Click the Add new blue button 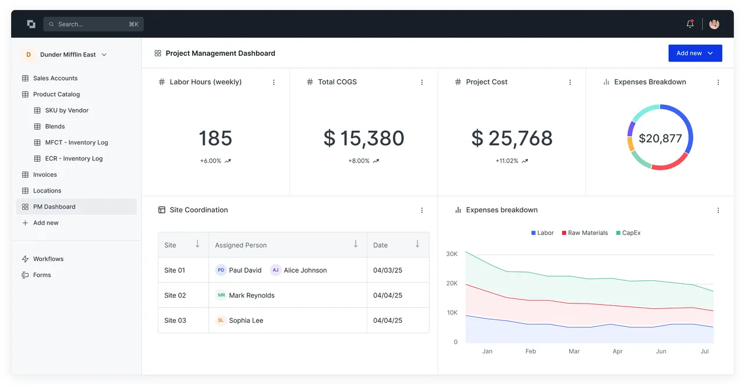pyautogui.click(x=695, y=53)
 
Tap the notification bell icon pyautogui.click(x=690, y=24)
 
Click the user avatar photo pyautogui.click(x=714, y=24)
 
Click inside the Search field pyautogui.click(x=94, y=24)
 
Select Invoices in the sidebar pyautogui.click(x=45, y=174)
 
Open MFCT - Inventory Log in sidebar pyautogui.click(x=76, y=142)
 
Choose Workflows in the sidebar pyautogui.click(x=48, y=259)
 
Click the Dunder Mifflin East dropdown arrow pyautogui.click(x=104, y=55)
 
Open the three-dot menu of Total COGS pyautogui.click(x=422, y=82)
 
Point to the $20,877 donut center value pyautogui.click(x=660, y=138)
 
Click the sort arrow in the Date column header pyautogui.click(x=417, y=244)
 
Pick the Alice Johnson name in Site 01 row pyautogui.click(x=305, y=270)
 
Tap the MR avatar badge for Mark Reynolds pyautogui.click(x=221, y=295)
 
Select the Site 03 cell pyautogui.click(x=175, y=320)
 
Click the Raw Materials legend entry pyautogui.click(x=585, y=233)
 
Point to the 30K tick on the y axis pyautogui.click(x=452, y=254)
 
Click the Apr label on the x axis pyautogui.click(x=618, y=351)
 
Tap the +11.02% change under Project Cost pyautogui.click(x=506, y=161)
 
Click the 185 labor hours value pyautogui.click(x=215, y=138)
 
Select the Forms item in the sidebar pyautogui.click(x=42, y=275)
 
